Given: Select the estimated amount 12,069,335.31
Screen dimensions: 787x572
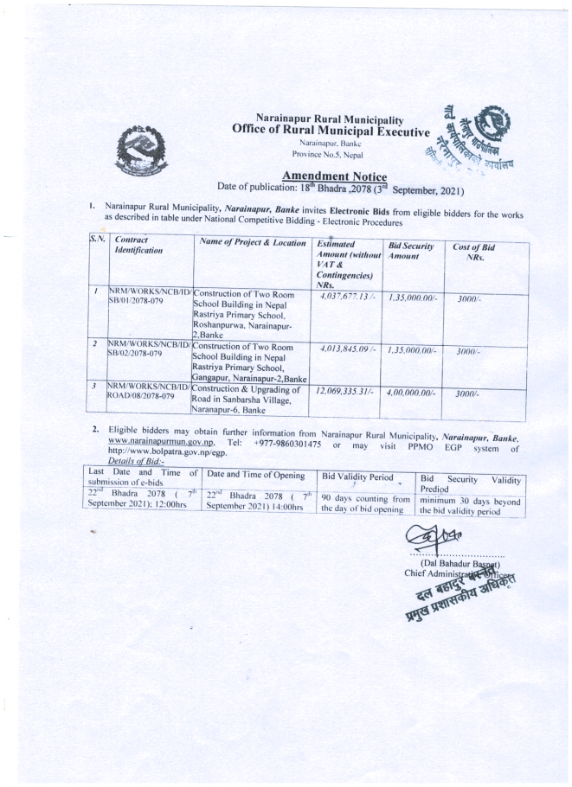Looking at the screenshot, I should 346,393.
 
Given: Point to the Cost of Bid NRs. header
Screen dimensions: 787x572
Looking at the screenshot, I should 474,253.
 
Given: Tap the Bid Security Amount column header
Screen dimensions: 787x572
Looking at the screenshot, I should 410,253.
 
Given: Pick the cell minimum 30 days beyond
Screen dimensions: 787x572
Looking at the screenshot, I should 470,499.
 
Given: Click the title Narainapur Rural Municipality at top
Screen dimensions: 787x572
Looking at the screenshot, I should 330,118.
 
